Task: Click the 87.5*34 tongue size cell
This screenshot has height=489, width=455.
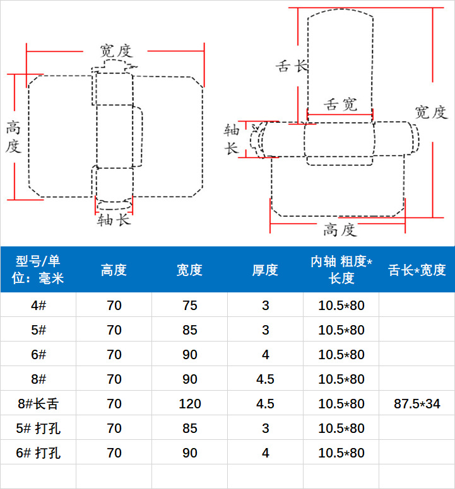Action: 417,404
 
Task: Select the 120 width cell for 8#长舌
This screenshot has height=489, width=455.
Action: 189,404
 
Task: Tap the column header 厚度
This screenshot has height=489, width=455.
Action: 265,270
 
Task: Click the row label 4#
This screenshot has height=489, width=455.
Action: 38,306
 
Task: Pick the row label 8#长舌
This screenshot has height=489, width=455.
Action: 38,404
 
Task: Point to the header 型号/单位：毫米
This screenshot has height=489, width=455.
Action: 38,270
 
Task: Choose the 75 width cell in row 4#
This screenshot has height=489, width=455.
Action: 189,306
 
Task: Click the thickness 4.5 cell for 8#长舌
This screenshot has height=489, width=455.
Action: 265,404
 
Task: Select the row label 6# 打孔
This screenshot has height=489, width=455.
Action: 38,453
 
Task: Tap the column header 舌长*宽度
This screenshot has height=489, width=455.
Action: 417,270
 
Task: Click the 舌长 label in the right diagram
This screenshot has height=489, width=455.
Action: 292,66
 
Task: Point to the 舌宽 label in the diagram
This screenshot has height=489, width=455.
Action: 340,105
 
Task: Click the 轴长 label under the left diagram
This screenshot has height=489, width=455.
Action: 114,220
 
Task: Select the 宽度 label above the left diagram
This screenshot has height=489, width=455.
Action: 115,50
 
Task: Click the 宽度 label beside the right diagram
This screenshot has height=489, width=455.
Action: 431,112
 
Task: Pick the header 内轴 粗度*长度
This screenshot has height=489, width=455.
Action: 341,270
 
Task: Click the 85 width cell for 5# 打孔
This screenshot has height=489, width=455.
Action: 189,429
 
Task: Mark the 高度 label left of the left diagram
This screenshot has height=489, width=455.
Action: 13,137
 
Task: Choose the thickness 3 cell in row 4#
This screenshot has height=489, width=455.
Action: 265,306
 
